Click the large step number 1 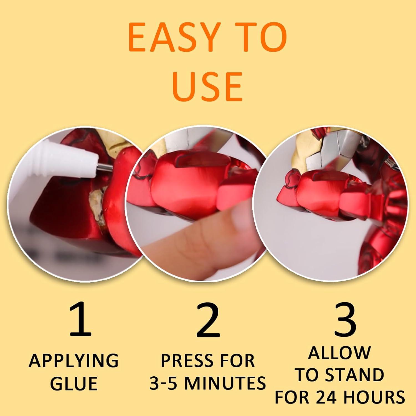80,319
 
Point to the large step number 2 208,319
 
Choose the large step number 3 345,319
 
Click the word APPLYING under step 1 74,361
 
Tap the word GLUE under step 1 74,384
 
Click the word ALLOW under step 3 339,353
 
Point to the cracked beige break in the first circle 97,205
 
